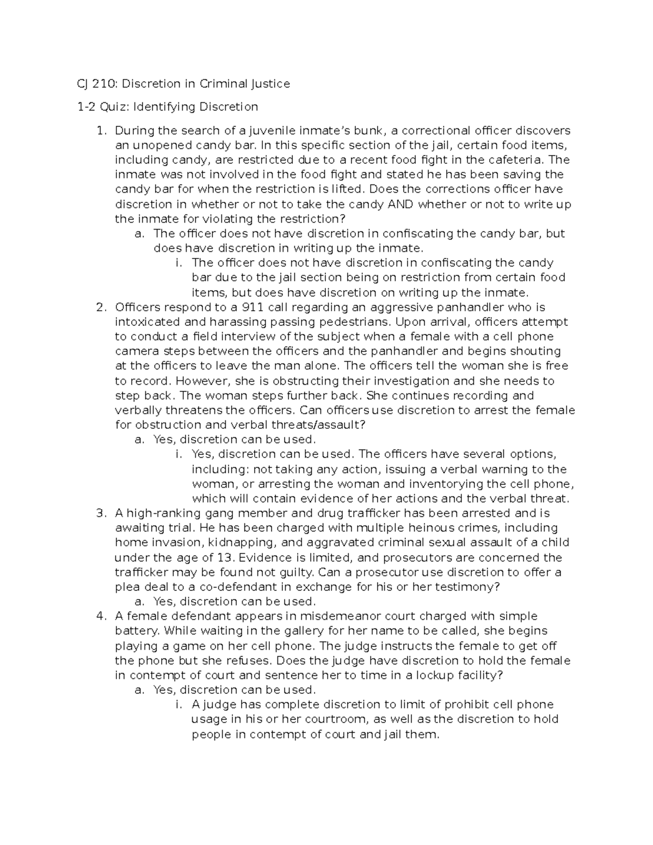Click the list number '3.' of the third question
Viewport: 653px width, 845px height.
click(x=101, y=514)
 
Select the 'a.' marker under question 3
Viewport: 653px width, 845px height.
click(x=139, y=602)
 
